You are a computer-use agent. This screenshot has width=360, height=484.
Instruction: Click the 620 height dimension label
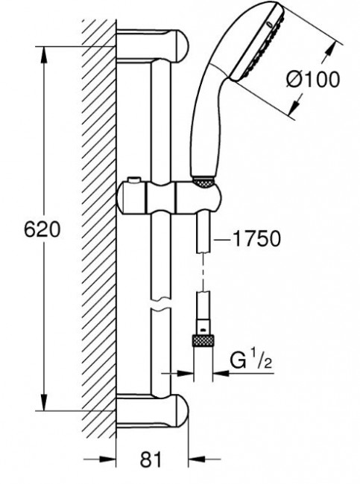[x=42, y=229]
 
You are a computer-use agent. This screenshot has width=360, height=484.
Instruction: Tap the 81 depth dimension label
[x=151, y=460]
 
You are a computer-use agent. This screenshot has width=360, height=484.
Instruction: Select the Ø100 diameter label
[x=313, y=80]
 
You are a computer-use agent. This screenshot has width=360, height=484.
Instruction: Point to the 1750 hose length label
[x=256, y=238]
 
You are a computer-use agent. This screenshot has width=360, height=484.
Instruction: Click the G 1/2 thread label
[x=250, y=360]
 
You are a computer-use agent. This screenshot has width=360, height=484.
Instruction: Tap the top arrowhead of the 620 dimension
[x=44, y=55]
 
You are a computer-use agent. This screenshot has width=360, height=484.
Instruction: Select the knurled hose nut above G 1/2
[x=203, y=341]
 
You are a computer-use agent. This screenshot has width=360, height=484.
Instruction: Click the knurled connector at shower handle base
[x=203, y=182]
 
